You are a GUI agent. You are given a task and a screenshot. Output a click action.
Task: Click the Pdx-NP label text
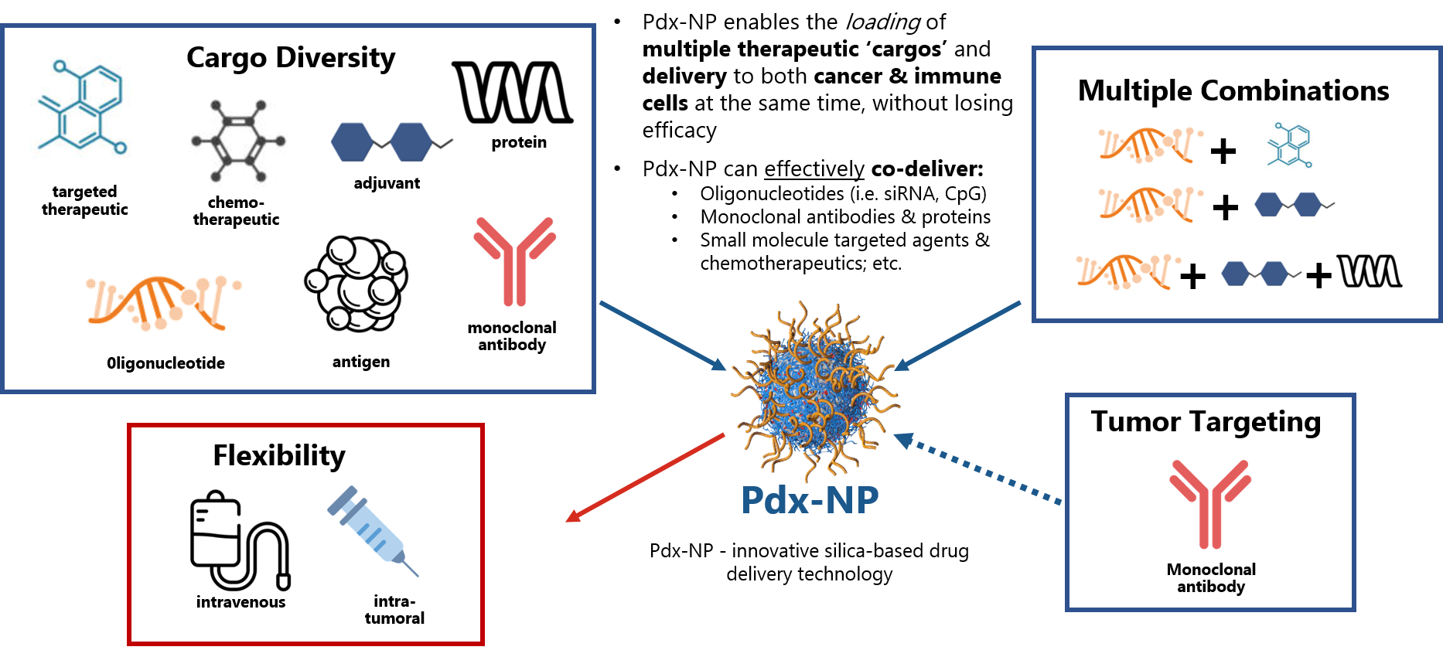tap(810, 500)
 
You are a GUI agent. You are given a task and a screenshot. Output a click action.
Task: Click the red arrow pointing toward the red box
tap(646, 477)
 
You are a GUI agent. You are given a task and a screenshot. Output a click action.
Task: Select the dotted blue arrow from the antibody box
tap(979, 470)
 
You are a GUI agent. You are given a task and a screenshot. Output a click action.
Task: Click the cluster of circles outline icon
tap(356, 284)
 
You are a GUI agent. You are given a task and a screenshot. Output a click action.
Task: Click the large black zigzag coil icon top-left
tap(512, 92)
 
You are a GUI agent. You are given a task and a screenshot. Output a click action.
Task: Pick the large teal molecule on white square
tap(82, 116)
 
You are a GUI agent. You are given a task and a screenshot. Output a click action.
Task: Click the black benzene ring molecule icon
tap(239, 141)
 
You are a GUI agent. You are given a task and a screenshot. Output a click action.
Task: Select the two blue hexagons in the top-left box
tap(391, 141)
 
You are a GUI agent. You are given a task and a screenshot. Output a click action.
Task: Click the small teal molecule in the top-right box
tap(1289, 149)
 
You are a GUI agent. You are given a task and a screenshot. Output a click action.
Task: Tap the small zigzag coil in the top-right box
tap(1369, 271)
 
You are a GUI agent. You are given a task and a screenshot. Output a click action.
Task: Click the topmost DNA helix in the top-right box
tap(1151, 145)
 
